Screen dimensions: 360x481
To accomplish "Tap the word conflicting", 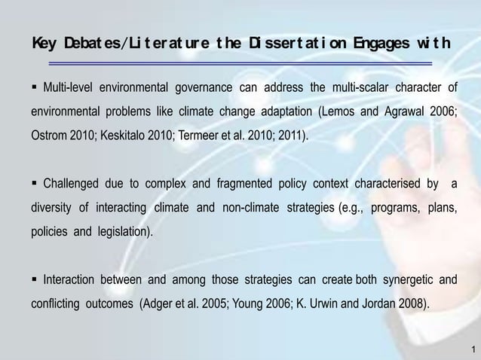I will coord(57,305).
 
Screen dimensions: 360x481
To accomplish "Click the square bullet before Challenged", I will coord(35,183).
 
